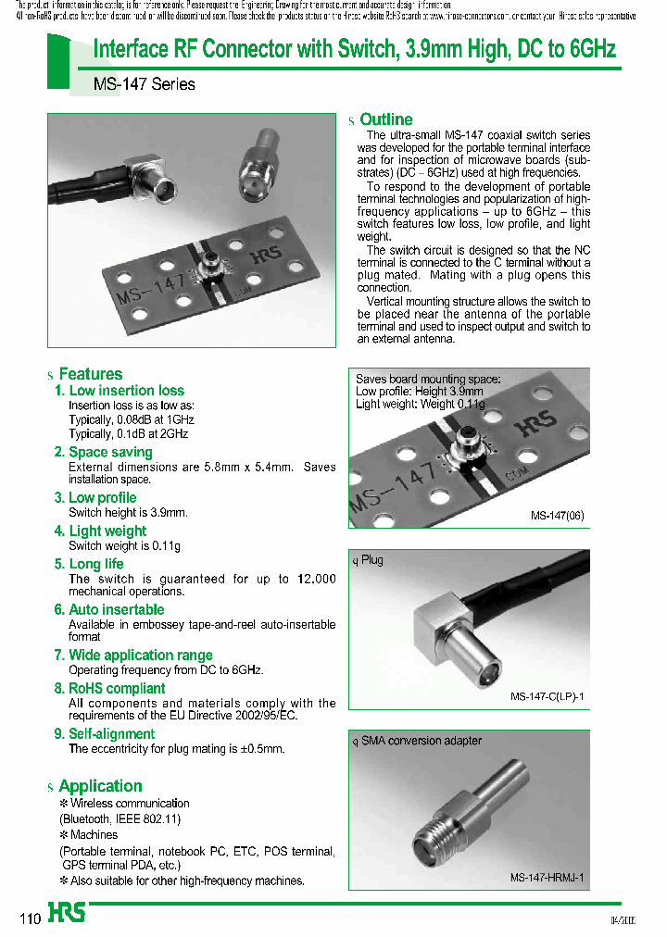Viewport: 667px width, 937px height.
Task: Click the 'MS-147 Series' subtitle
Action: click(x=145, y=84)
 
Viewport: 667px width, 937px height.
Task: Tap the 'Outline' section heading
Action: click(x=385, y=119)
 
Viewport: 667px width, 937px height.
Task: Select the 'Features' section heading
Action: click(x=90, y=374)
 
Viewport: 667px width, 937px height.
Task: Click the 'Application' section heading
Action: click(x=100, y=786)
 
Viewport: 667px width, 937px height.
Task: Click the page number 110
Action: click(x=30, y=918)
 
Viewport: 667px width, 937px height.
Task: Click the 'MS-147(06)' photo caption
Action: click(x=557, y=516)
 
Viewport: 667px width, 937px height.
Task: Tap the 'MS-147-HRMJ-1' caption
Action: click(x=547, y=878)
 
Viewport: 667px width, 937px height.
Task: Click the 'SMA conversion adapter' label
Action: click(x=421, y=741)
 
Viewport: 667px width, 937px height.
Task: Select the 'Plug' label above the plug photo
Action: click(x=371, y=560)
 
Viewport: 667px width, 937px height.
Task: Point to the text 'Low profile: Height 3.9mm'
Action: click(x=419, y=392)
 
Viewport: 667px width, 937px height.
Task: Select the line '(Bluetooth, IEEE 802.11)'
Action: click(x=120, y=819)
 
